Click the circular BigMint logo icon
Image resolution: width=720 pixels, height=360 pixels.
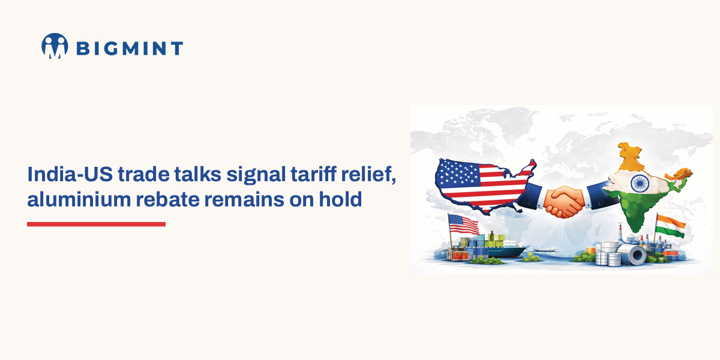point(55,46)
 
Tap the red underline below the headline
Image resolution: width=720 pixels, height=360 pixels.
point(96,224)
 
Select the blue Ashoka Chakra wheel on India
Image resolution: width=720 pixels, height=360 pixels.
point(638,181)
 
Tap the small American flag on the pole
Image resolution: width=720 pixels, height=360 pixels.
point(463,224)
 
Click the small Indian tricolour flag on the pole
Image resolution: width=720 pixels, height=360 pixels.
point(670,226)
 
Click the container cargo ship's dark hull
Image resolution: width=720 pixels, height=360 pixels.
point(504,252)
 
